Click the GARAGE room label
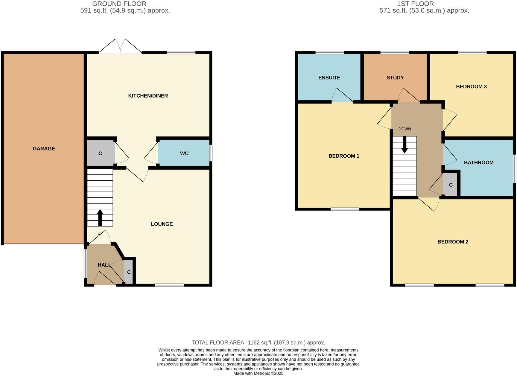click(44, 149)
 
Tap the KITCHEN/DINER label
click(148, 96)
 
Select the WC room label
click(184, 153)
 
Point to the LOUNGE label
click(162, 224)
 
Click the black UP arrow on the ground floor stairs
click(100, 217)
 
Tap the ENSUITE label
click(329, 78)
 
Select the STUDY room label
click(395, 78)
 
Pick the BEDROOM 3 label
click(471, 87)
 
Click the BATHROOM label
click(478, 163)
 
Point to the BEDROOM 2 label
click(453, 242)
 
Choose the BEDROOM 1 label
click(344, 156)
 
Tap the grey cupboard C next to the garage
click(100, 153)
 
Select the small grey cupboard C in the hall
click(129, 272)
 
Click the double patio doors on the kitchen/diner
click(120, 47)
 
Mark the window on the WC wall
click(211, 153)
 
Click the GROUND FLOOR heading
click(119, 4)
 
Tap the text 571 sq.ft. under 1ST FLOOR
click(392, 11)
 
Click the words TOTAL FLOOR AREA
click(218, 343)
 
